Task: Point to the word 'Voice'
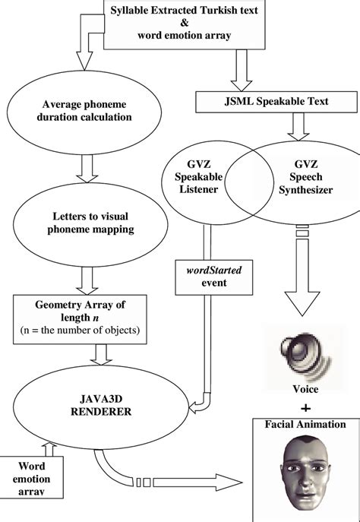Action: [x=299, y=388]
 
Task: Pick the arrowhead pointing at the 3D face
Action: [x=232, y=480]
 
